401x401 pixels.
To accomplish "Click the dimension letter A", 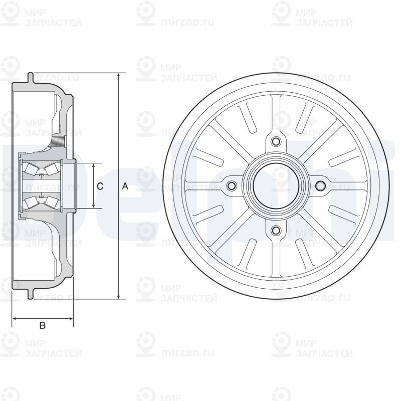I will pyautogui.click(x=125, y=186).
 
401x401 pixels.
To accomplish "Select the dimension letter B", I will pyautogui.click(x=43, y=326).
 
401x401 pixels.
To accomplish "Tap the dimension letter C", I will pyautogui.click(x=100, y=186).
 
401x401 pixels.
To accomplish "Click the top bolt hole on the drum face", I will pyautogui.click(x=275, y=141).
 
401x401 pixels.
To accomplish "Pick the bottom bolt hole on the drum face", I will pyautogui.click(x=275, y=230).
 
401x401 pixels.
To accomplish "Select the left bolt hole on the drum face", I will pyautogui.click(x=231, y=186).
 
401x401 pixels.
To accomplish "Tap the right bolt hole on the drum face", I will pyautogui.click(x=320, y=186).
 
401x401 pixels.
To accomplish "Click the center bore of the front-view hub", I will pyautogui.click(x=275, y=186).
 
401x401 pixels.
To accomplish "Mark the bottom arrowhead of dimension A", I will pyautogui.click(x=118, y=296).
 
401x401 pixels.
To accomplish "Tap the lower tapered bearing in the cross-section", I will pyautogui.click(x=40, y=202).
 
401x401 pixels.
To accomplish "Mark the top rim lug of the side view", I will pyautogui.click(x=31, y=78).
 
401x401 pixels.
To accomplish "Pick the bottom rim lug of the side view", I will pyautogui.click(x=31, y=293).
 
